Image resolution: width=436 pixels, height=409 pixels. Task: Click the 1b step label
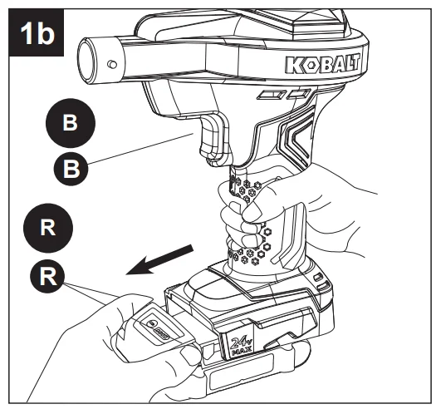click(37, 32)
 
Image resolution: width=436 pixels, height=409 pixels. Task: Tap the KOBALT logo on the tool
click(322, 65)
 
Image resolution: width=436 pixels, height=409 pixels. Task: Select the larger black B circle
click(71, 123)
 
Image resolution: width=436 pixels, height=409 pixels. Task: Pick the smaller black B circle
click(71, 169)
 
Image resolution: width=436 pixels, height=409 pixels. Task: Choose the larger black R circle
click(48, 228)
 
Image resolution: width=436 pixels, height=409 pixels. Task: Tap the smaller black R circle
click(47, 276)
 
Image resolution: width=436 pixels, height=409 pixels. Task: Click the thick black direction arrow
click(159, 260)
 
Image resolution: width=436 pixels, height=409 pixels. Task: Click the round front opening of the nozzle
click(86, 61)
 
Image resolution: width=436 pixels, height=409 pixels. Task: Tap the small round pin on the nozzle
click(112, 64)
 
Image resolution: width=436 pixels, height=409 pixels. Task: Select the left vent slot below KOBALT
click(271, 95)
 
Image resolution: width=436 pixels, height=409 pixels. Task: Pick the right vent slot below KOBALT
click(299, 94)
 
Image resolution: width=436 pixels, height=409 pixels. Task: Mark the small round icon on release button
click(152, 324)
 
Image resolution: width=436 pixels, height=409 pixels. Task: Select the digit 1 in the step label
click(26, 33)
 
